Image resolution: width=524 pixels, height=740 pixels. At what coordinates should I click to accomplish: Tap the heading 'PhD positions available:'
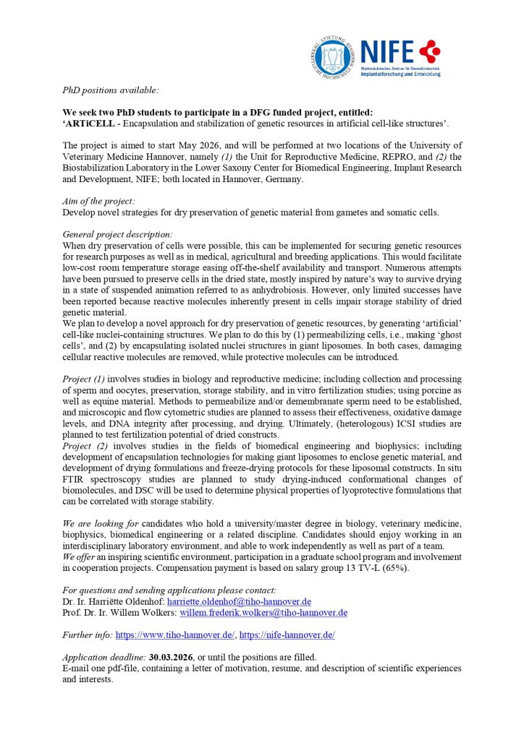coord(110,91)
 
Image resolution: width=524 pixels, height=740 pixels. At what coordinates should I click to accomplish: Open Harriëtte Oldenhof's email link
coord(239,601)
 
